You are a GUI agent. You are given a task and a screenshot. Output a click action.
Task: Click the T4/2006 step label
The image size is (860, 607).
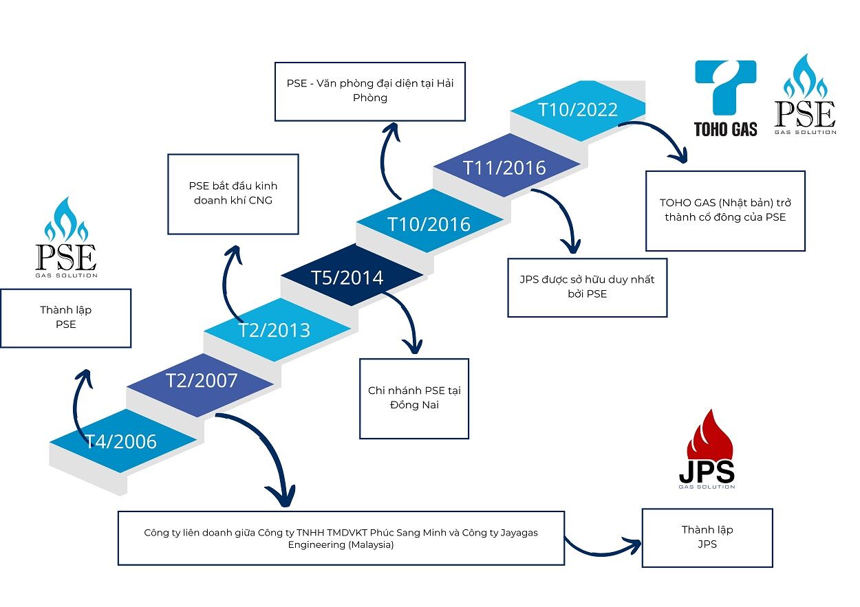[x=122, y=441]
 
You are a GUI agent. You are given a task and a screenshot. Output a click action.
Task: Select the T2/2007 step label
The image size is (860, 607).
[x=202, y=380]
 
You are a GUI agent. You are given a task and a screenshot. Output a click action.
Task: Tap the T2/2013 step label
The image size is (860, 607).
[x=275, y=330]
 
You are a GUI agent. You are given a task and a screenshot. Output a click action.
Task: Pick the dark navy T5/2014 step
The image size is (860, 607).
[x=347, y=278]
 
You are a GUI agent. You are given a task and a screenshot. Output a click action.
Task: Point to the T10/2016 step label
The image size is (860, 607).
[x=429, y=224]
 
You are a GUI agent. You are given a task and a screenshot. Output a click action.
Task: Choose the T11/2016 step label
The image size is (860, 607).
[x=504, y=168]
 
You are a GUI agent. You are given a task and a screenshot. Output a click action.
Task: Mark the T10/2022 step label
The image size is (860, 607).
[x=578, y=110]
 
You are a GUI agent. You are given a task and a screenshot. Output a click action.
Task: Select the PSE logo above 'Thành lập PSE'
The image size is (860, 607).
[x=66, y=238]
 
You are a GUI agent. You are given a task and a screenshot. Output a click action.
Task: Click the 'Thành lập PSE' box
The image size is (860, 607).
[x=66, y=318]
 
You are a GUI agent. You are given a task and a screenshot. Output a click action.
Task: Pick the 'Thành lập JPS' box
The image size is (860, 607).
[x=707, y=538]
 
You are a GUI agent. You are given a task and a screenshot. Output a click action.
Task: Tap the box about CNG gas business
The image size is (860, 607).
[x=233, y=194]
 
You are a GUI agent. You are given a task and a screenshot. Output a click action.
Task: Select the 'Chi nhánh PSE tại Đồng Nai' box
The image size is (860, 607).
[x=414, y=398]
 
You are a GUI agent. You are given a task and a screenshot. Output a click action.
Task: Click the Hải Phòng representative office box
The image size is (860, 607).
[x=370, y=91]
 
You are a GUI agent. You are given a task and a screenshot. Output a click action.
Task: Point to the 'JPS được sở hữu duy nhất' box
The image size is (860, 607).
[x=587, y=287]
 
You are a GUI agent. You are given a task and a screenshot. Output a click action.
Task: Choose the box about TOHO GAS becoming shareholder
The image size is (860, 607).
[x=725, y=210]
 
